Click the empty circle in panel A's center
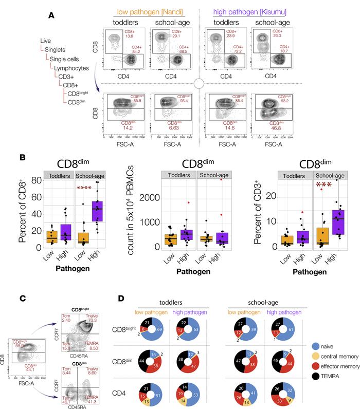pyautogui.click(x=200, y=84)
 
